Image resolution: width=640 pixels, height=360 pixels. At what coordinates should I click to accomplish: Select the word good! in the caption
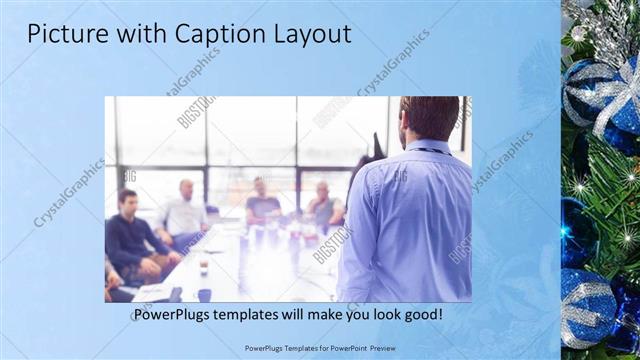pos(419,314)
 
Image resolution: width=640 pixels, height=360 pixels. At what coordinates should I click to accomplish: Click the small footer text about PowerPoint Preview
pos(319,347)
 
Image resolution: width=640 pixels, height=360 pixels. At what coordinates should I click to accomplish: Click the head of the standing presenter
pos(428,118)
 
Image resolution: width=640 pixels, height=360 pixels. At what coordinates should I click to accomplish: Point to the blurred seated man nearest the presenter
pos(324,205)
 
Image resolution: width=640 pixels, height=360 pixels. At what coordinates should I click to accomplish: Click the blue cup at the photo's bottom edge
pos(204,294)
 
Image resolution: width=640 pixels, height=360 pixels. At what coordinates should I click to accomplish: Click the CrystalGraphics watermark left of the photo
pos(69,192)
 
